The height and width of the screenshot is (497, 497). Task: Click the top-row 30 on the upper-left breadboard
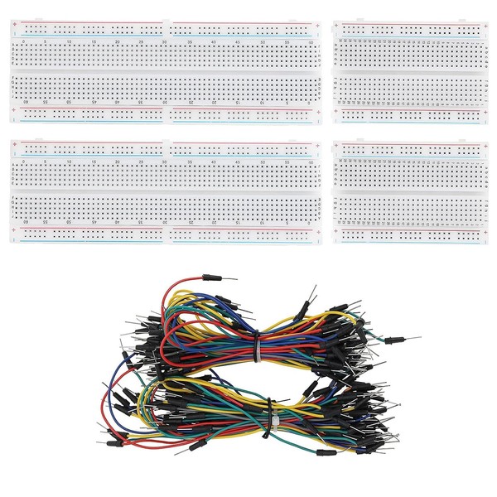pos(166,41)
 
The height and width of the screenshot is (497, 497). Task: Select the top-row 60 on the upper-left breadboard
pos(310,41)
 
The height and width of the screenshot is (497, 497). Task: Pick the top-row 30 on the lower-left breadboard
pos(166,162)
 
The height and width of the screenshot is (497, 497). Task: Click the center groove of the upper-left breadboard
pos(166,72)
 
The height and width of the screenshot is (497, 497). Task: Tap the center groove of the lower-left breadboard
pos(166,192)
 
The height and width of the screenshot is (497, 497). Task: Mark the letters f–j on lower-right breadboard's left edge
pos(335,178)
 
